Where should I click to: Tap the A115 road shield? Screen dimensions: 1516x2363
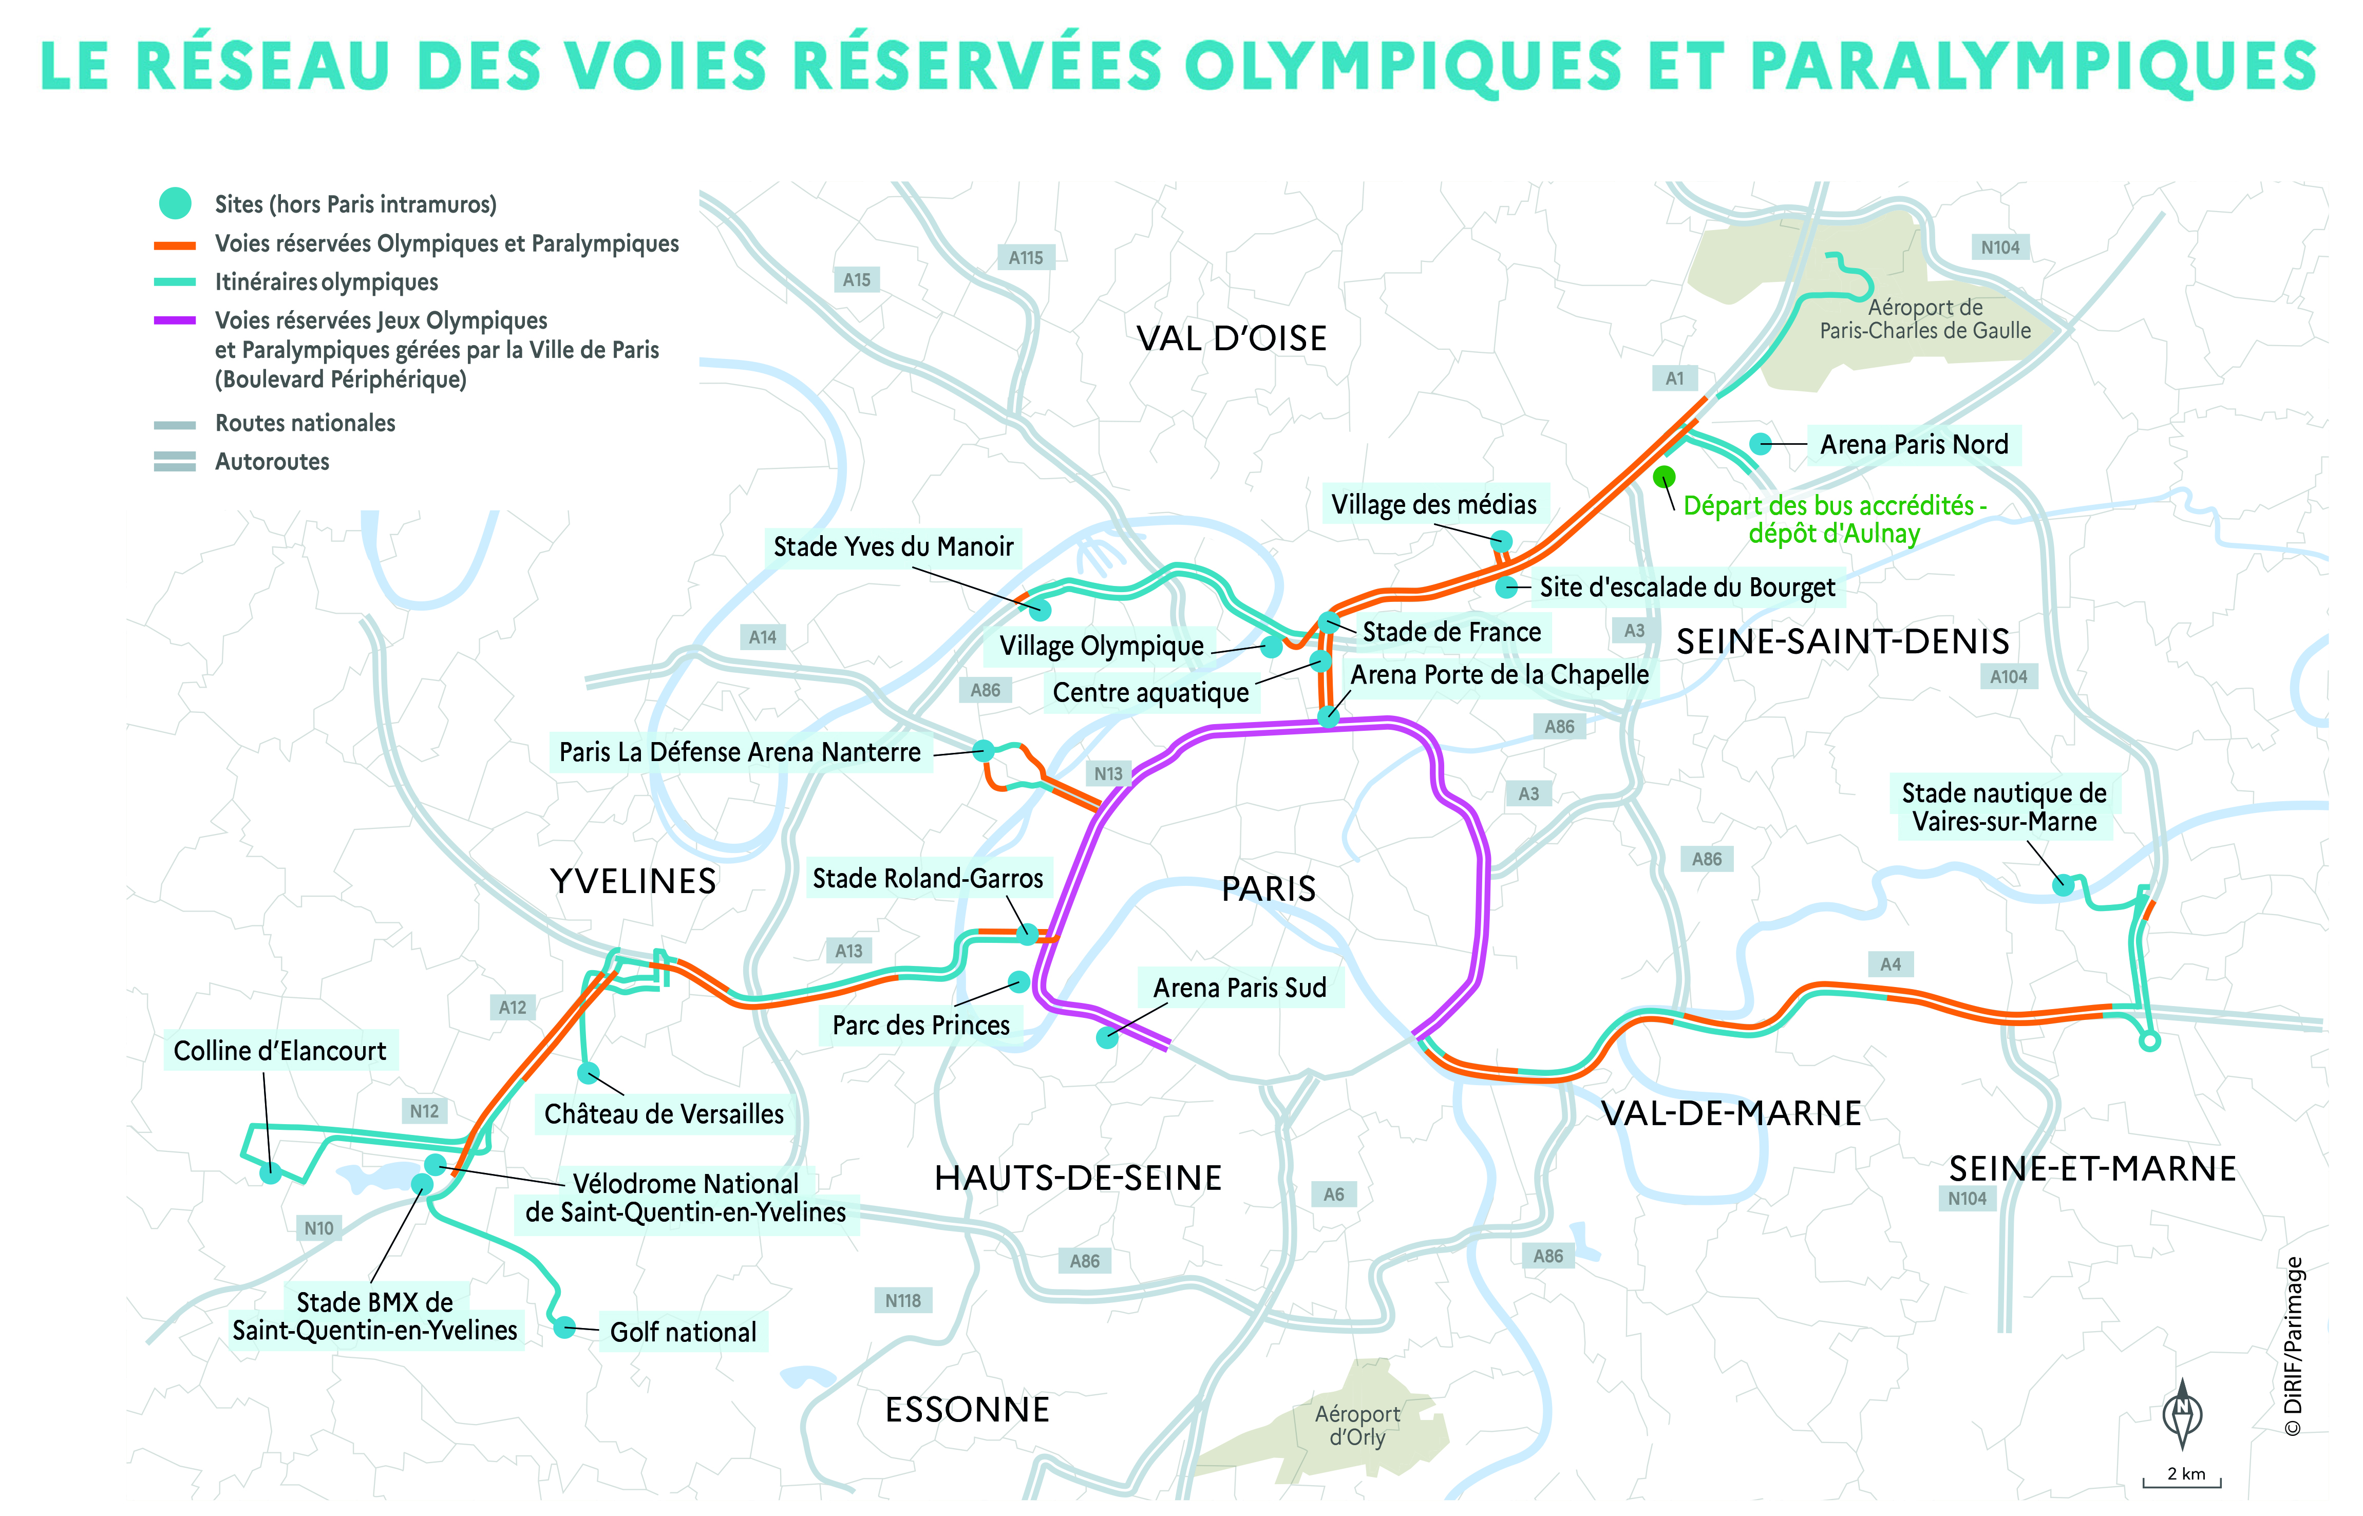tap(1026, 258)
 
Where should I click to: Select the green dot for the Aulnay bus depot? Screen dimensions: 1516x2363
tap(1664, 478)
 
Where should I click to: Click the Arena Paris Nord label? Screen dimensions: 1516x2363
tap(1913, 445)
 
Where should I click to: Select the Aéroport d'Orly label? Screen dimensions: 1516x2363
tap(1357, 1426)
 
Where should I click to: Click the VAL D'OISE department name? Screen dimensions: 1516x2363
tap(1231, 338)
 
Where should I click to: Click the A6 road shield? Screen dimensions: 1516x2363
tap(1334, 1195)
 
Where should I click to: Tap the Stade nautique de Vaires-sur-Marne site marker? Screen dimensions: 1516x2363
tap(2064, 886)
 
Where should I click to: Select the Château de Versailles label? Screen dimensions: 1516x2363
tap(664, 1114)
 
